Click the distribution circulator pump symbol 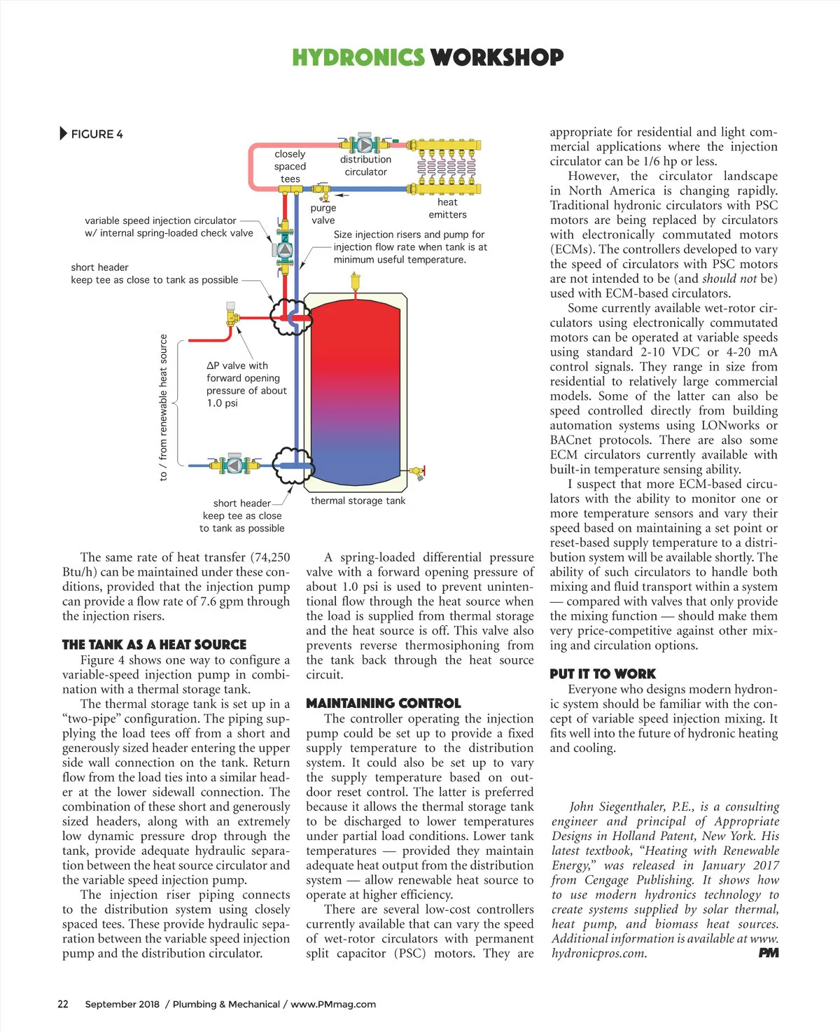pos(365,144)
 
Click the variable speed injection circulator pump pos(285,249)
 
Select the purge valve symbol pos(321,188)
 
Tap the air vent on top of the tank pos(355,282)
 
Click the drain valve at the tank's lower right pos(418,471)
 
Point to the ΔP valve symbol pos(232,316)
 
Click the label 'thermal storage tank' pos(358,501)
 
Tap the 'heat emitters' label pos(447,208)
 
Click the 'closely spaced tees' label pos(290,167)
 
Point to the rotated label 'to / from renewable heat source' pos(163,407)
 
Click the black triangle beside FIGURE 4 pos(64,133)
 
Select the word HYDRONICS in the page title pos(358,57)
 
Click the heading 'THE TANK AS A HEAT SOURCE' pos(154,644)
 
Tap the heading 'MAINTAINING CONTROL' pos(383,703)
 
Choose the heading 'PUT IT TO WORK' pos(602,674)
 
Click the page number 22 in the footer pos(63,1004)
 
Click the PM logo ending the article pos(768,953)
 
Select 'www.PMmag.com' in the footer pos(333,1004)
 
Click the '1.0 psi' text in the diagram pos(222,403)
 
